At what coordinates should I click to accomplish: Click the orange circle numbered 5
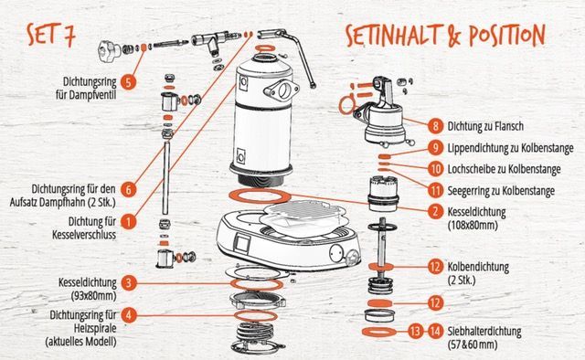click(128, 82)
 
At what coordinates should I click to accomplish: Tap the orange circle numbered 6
click(128, 189)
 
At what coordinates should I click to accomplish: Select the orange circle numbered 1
click(128, 222)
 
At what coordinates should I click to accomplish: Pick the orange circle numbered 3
click(128, 282)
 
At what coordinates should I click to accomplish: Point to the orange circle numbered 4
click(128, 315)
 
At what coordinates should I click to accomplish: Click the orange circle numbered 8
click(435, 126)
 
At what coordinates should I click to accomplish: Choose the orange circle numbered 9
click(435, 148)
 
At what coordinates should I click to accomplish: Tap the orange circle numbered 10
click(435, 169)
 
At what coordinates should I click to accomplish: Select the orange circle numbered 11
click(435, 191)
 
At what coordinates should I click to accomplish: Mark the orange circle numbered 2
click(435, 212)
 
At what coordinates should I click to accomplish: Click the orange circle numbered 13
click(415, 331)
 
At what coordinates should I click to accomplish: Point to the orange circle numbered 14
click(435, 331)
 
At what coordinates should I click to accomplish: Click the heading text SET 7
click(51, 35)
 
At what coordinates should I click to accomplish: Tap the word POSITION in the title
click(507, 36)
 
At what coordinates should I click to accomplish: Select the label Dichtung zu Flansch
click(485, 126)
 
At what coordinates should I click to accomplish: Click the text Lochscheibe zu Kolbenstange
click(504, 169)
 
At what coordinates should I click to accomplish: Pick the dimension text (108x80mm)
click(473, 226)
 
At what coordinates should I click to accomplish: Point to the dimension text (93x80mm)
click(93, 296)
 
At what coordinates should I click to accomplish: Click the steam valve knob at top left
click(109, 50)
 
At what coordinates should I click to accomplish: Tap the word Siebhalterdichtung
click(484, 331)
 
